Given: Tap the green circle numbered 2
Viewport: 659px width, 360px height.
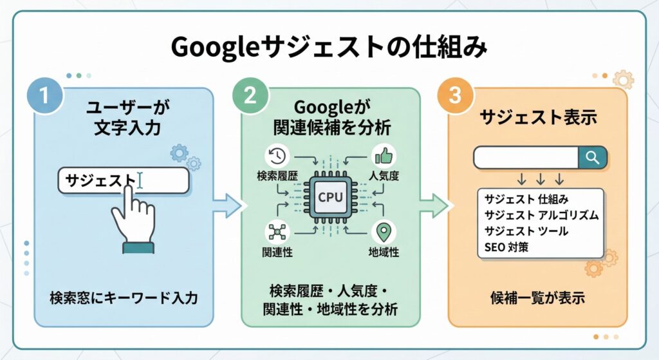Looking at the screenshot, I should [250, 97].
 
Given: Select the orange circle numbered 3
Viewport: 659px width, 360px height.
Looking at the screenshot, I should [455, 97].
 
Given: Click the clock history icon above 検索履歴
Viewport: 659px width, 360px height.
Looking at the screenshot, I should [277, 156].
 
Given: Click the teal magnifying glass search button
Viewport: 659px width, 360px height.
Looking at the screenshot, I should [593, 157].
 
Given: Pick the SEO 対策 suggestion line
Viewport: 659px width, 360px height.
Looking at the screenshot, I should [505, 247].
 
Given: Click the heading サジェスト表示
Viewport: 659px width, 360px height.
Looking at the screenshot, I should [539, 118].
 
